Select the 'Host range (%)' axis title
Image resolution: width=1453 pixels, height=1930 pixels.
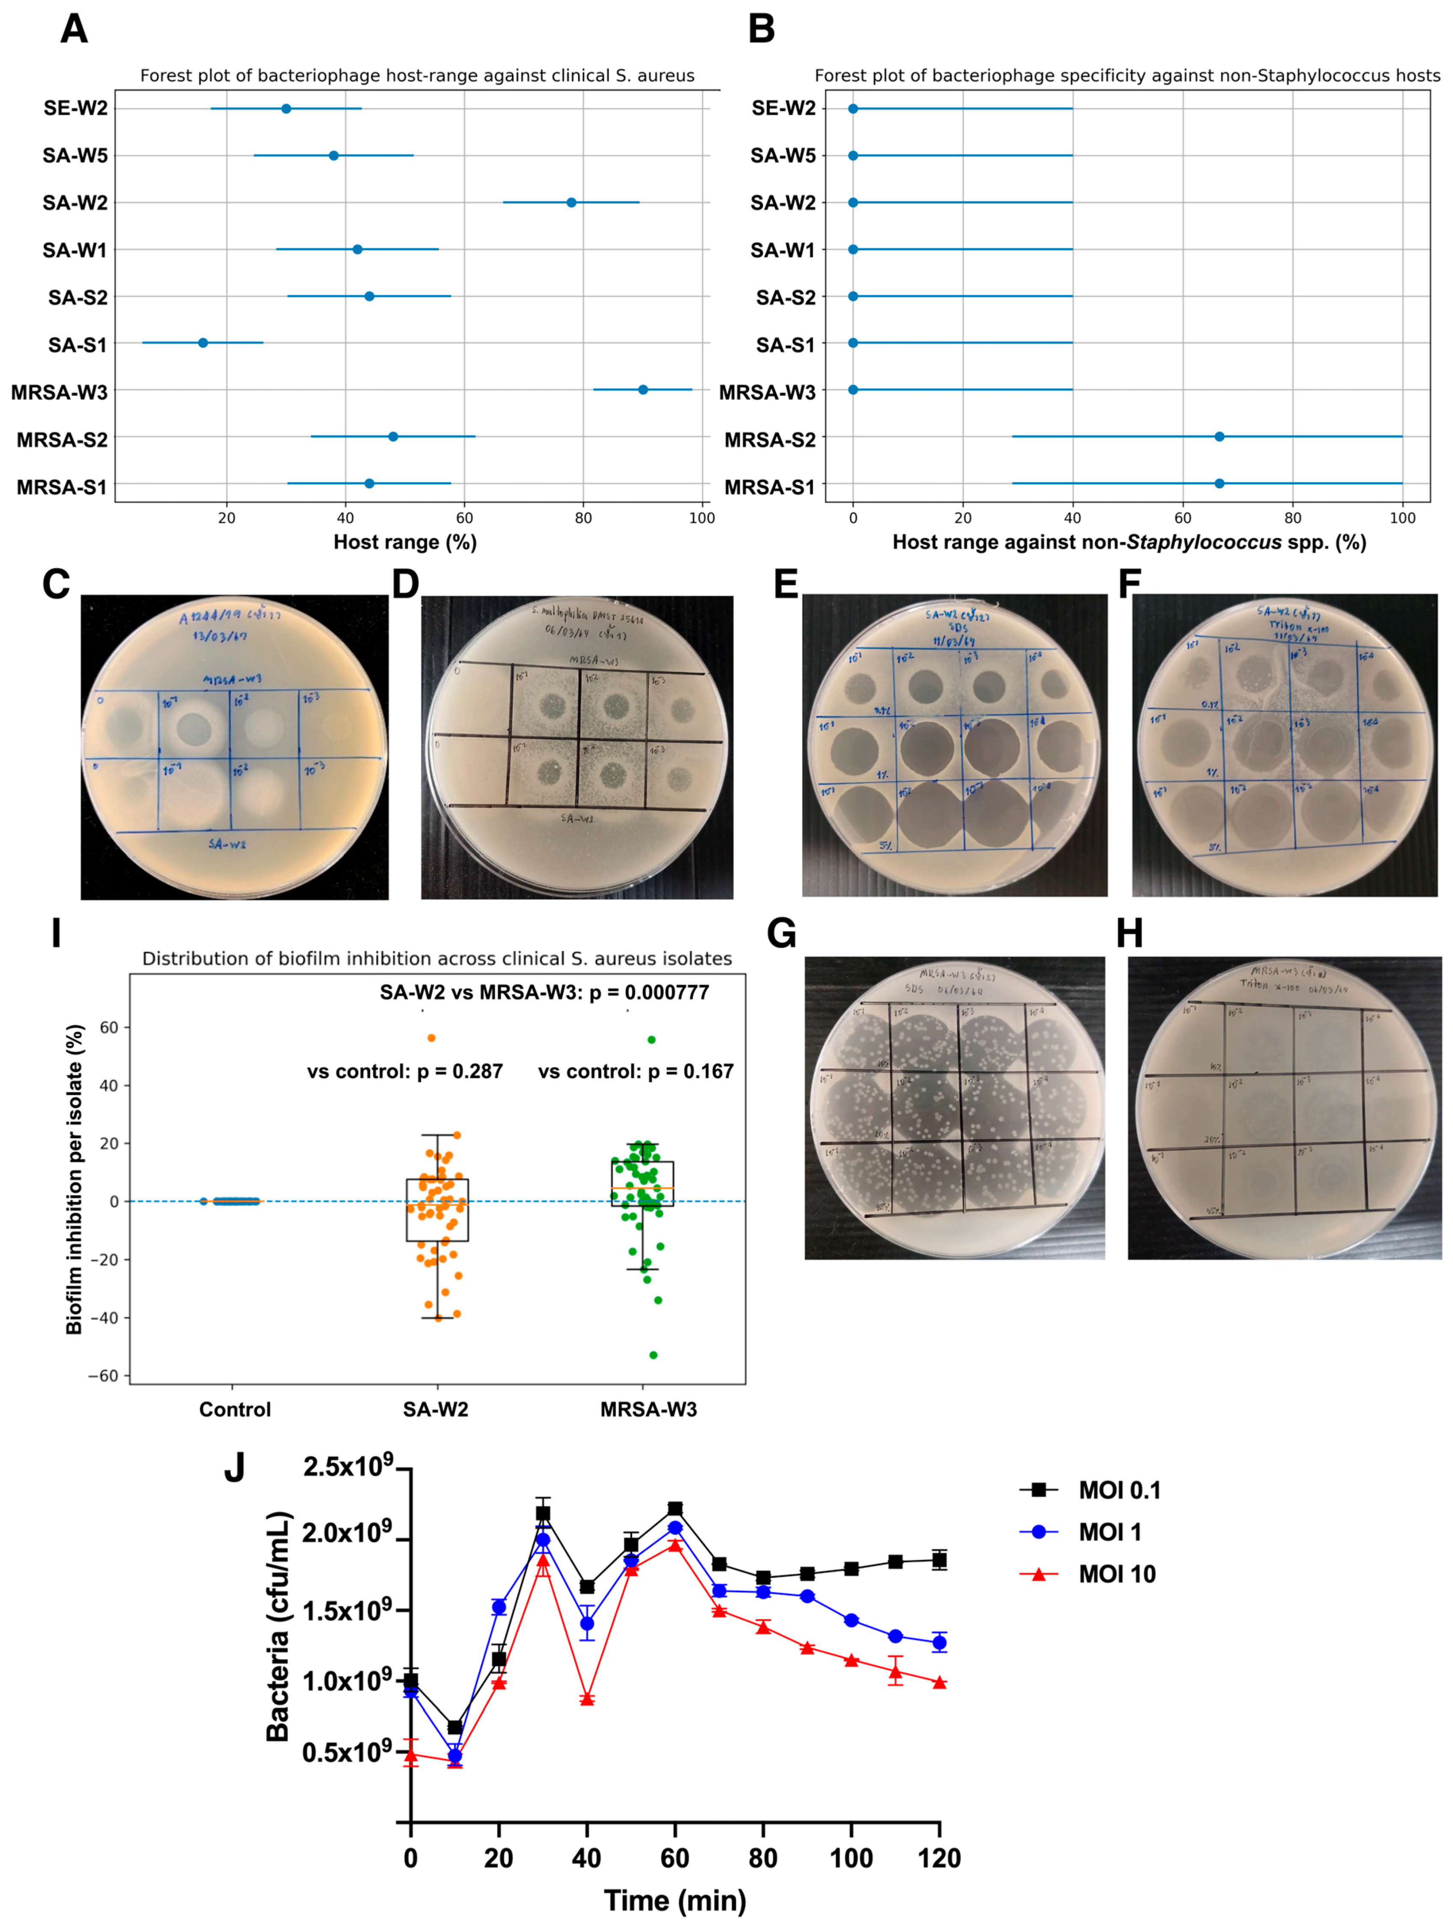(x=405, y=543)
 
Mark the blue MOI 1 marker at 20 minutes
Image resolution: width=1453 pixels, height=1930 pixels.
(x=499, y=1606)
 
